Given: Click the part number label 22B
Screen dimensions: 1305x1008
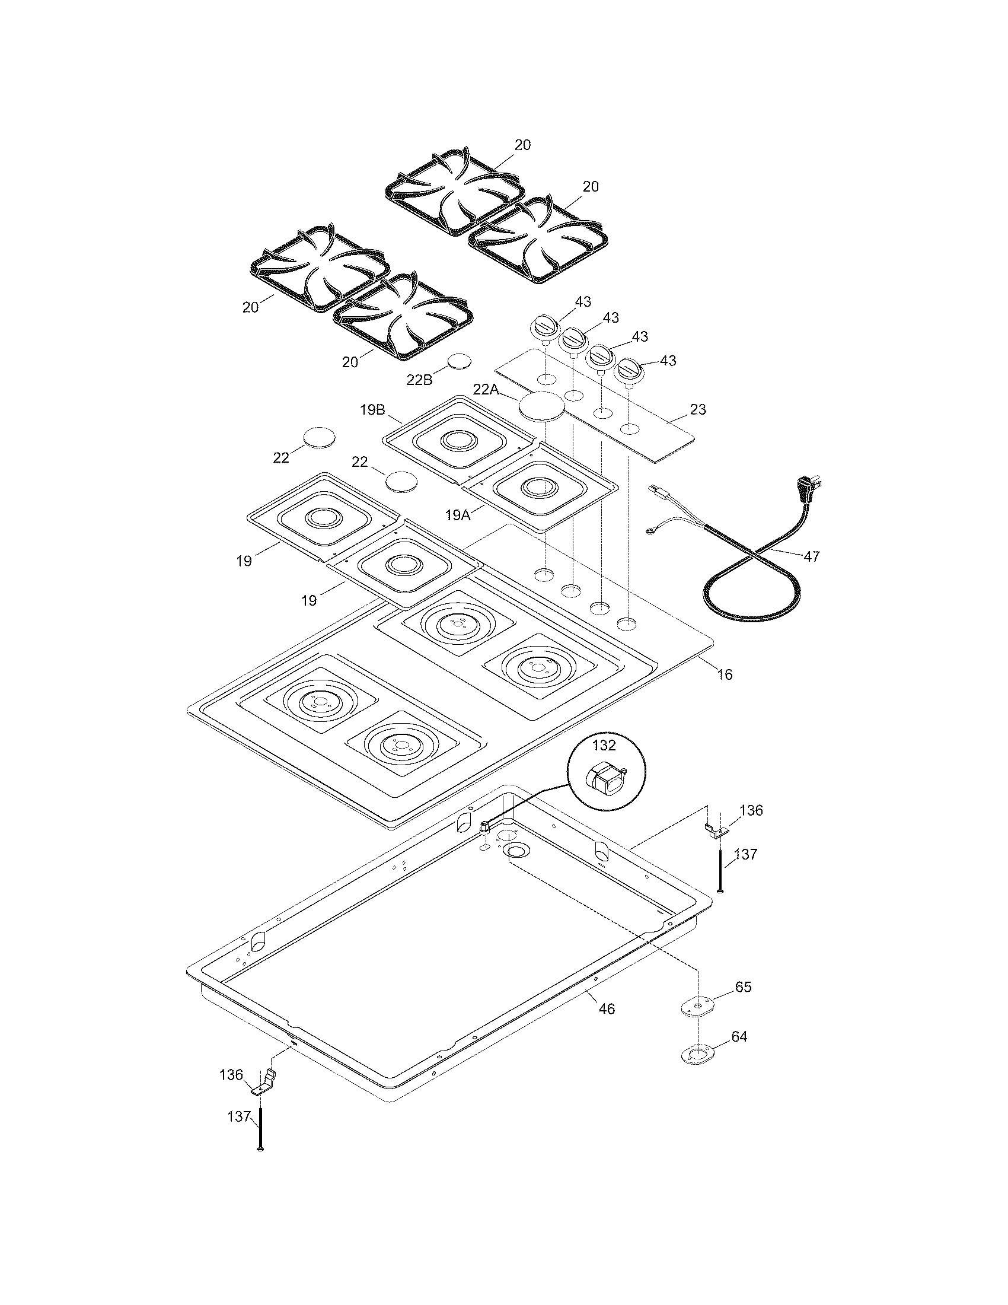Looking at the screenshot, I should click(x=419, y=380).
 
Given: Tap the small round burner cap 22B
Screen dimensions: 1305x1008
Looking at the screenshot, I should click(x=459, y=361).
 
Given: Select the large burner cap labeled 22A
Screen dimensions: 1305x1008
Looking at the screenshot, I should click(x=541, y=406).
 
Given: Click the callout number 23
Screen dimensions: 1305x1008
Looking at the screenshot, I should click(x=697, y=409).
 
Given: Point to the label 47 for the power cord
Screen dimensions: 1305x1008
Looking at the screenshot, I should click(x=811, y=556).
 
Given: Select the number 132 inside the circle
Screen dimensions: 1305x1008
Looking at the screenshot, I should click(x=604, y=745).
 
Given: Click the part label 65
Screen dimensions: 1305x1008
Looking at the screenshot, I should click(x=743, y=986).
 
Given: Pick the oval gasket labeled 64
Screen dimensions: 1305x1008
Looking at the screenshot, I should click(x=697, y=1054).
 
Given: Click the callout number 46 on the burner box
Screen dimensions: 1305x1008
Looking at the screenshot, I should click(x=606, y=1009).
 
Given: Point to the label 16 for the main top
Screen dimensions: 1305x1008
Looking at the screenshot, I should click(x=724, y=674).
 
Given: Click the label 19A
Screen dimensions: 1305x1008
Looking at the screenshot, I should click(x=457, y=515).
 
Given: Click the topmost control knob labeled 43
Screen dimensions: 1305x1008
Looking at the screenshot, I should click(x=544, y=327).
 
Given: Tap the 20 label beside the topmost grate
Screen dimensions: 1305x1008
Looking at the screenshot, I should click(x=522, y=145).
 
